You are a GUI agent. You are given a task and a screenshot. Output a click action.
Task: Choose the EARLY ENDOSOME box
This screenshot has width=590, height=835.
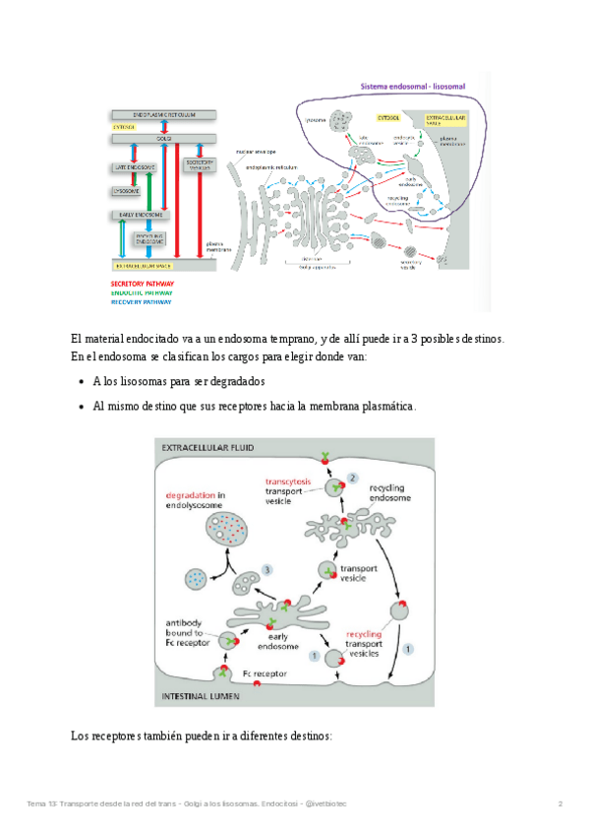(141, 214)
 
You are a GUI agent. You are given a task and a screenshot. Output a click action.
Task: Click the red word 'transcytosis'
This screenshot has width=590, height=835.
(288, 481)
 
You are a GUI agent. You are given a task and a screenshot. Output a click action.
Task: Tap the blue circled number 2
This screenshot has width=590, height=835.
(352, 479)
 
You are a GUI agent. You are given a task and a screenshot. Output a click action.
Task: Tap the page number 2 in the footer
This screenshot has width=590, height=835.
(560, 804)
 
